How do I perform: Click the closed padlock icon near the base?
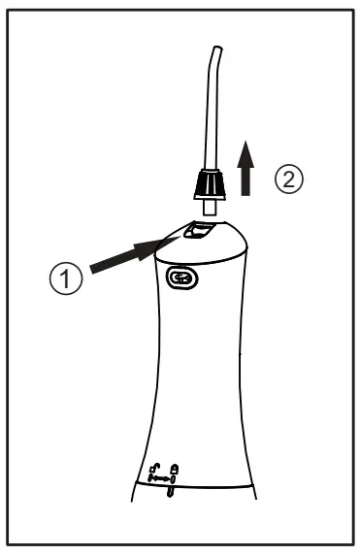point(174,470)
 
